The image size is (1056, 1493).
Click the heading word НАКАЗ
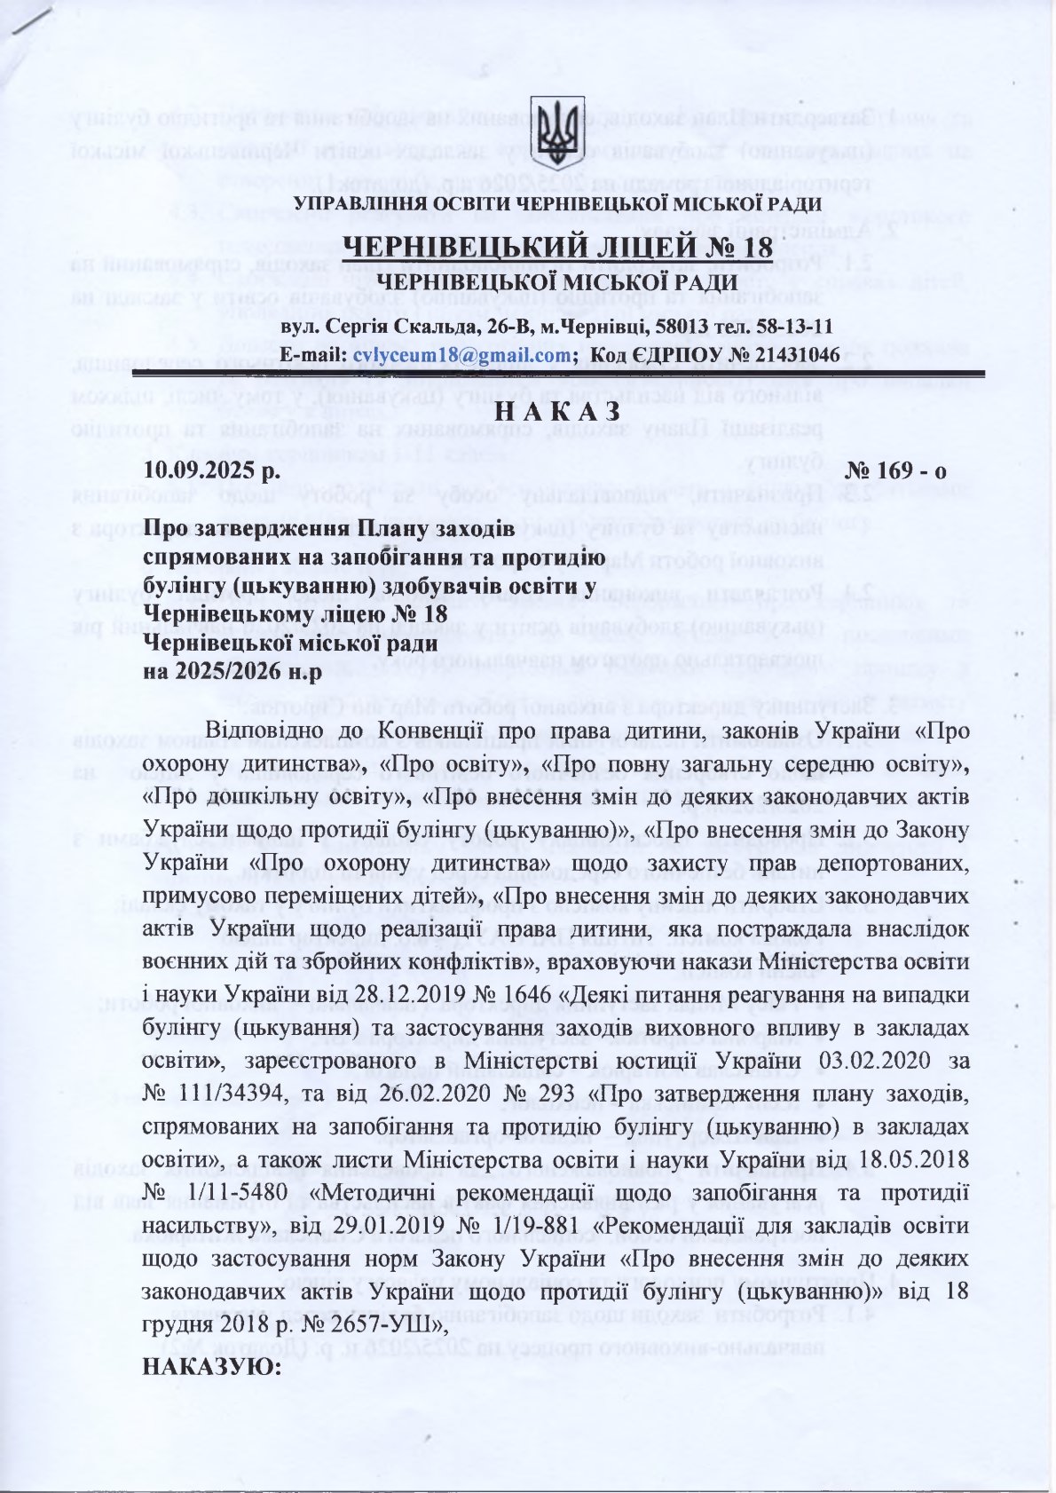click(x=556, y=413)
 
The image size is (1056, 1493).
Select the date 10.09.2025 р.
click(x=212, y=470)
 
